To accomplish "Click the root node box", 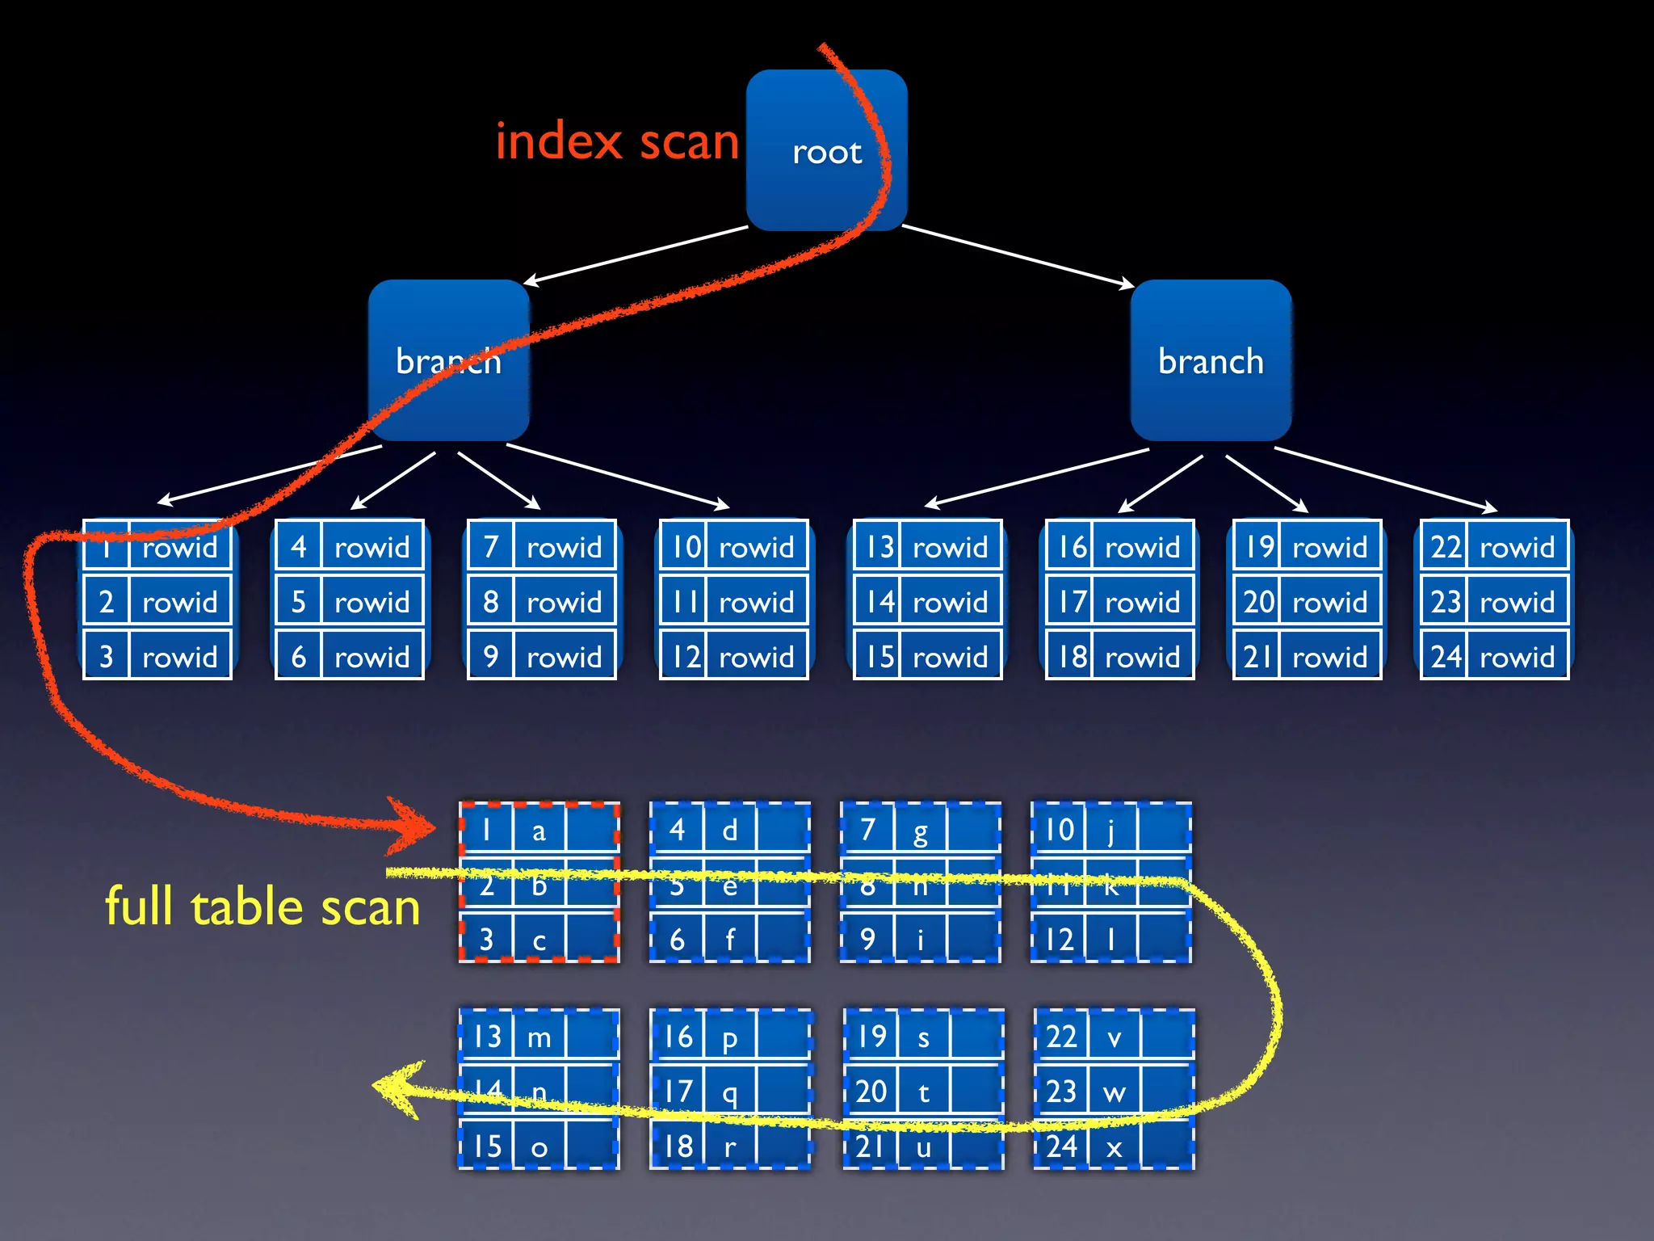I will coord(826,150).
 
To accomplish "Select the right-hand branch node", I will coord(1210,360).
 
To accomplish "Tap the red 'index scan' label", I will coord(617,141).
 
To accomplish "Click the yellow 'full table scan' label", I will coord(262,907).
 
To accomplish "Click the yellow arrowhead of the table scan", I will coord(396,1089).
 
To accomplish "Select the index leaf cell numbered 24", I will coord(1445,657).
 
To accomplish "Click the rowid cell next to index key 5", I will coord(372,602).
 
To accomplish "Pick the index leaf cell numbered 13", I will coord(879,547).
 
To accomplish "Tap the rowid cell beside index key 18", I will coord(1142,657).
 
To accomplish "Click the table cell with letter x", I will coord(1114,1147).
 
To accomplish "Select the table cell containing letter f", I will coord(729,940).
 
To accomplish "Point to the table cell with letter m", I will coord(539,1037).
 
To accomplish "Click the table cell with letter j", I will coord(1110,830).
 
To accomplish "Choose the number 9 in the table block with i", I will coord(867,940).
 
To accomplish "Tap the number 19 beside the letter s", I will coord(871,1037).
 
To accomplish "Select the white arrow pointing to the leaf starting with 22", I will coord(1385,479).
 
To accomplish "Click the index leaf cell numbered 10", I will coord(686,547).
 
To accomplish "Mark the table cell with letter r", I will coord(729,1147).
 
